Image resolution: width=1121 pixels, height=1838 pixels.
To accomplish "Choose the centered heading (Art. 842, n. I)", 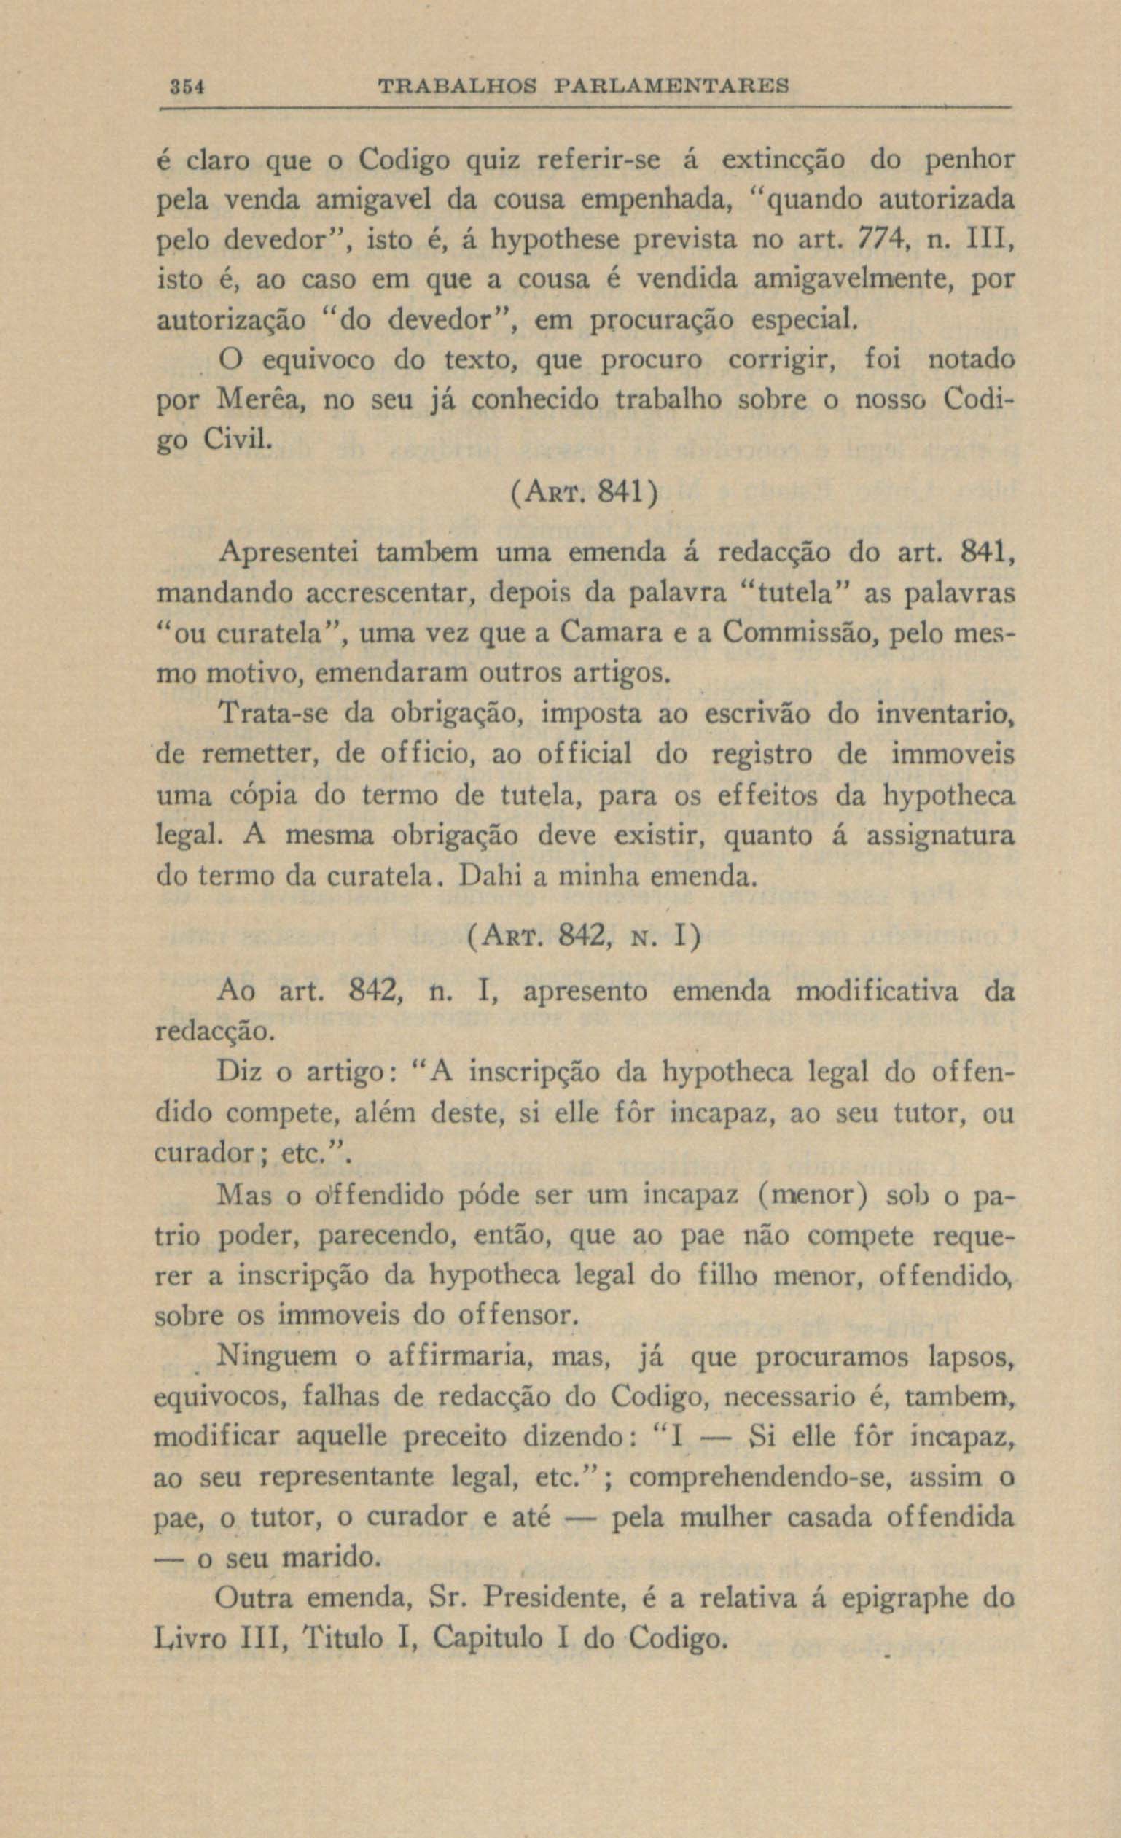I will tap(583, 937).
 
